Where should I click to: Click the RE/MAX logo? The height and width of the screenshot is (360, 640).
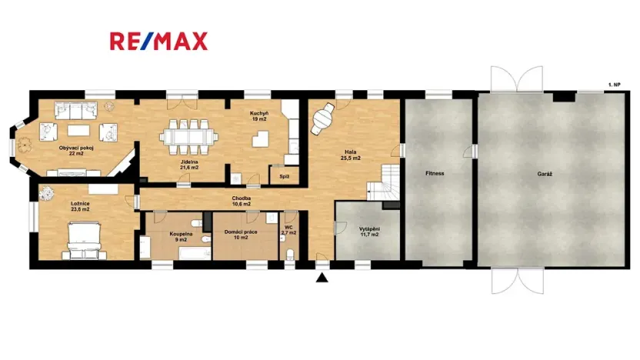coord(158,41)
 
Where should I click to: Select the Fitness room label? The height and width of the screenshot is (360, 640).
coord(434,174)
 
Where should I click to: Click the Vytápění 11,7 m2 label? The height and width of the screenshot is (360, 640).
coord(369,232)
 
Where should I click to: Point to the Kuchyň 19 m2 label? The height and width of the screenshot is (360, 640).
coord(258,116)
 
